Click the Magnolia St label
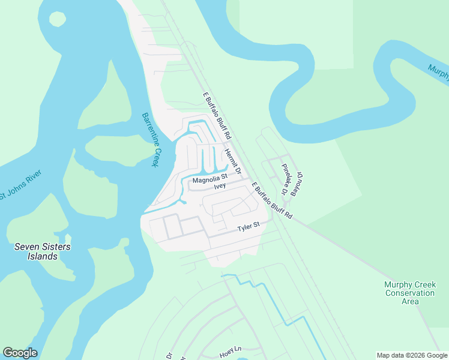tap(210, 178)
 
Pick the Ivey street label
tap(220, 187)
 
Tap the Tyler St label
tap(248, 227)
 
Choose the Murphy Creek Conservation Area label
tap(409, 293)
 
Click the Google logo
tap(20, 353)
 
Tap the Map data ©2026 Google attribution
tap(411, 355)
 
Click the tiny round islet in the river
tap(57, 19)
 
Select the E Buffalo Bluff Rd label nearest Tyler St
tap(272, 200)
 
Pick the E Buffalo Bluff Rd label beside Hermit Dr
tap(217, 116)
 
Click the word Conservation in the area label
tap(409, 293)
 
